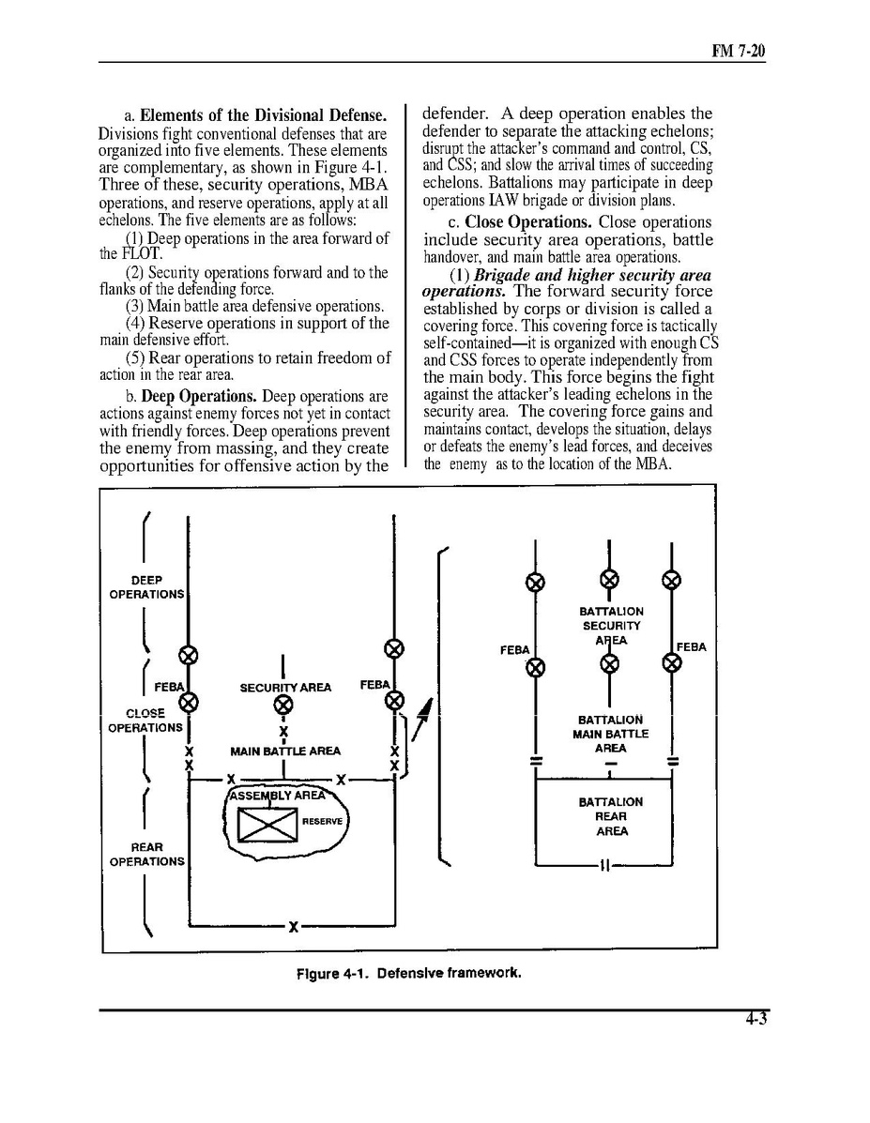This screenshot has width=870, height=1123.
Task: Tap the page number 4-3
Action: pos(756,1023)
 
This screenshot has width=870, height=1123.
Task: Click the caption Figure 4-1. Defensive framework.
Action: pos(408,973)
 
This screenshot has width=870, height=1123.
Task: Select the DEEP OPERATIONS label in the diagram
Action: pos(146,587)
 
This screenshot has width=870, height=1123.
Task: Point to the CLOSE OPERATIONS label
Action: pos(145,721)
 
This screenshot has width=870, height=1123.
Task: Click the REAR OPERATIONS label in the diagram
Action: pos(146,854)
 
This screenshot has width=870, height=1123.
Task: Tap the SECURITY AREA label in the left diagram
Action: pos(285,688)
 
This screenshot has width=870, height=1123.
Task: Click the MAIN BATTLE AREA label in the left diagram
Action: pos(285,751)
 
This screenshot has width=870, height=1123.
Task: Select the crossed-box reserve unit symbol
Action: pos(267,825)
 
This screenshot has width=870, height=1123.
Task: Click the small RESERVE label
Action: pos(324,821)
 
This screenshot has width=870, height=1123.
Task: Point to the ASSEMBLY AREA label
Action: pos(279,796)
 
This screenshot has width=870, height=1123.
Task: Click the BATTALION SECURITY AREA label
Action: pos(611,626)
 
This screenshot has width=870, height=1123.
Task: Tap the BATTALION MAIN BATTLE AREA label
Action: pos(610,734)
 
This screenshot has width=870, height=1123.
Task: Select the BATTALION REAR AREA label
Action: pos(611,816)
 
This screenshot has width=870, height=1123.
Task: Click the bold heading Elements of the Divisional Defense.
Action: pos(264,116)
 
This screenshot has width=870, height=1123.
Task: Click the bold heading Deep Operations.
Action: pos(199,396)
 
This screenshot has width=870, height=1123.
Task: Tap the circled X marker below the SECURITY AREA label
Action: pos(282,706)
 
